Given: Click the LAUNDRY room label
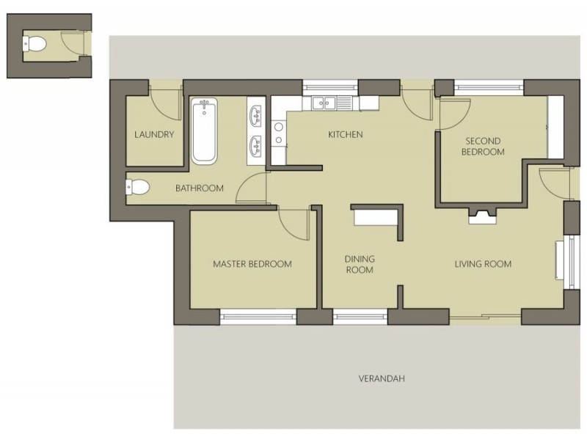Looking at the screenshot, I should [154, 135].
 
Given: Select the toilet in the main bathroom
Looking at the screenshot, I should [138, 188].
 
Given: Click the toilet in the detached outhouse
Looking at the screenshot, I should [35, 44].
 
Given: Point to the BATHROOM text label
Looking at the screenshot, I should [199, 188].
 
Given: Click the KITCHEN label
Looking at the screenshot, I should [345, 135].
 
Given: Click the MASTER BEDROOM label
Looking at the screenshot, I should [252, 264].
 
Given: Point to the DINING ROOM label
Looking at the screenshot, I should [360, 265].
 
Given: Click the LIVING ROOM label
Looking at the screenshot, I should [482, 264].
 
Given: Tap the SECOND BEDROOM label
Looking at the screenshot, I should [483, 147].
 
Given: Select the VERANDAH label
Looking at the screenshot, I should [382, 379].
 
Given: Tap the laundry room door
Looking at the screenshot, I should [167, 105].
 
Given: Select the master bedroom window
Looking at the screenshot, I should [258, 318].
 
